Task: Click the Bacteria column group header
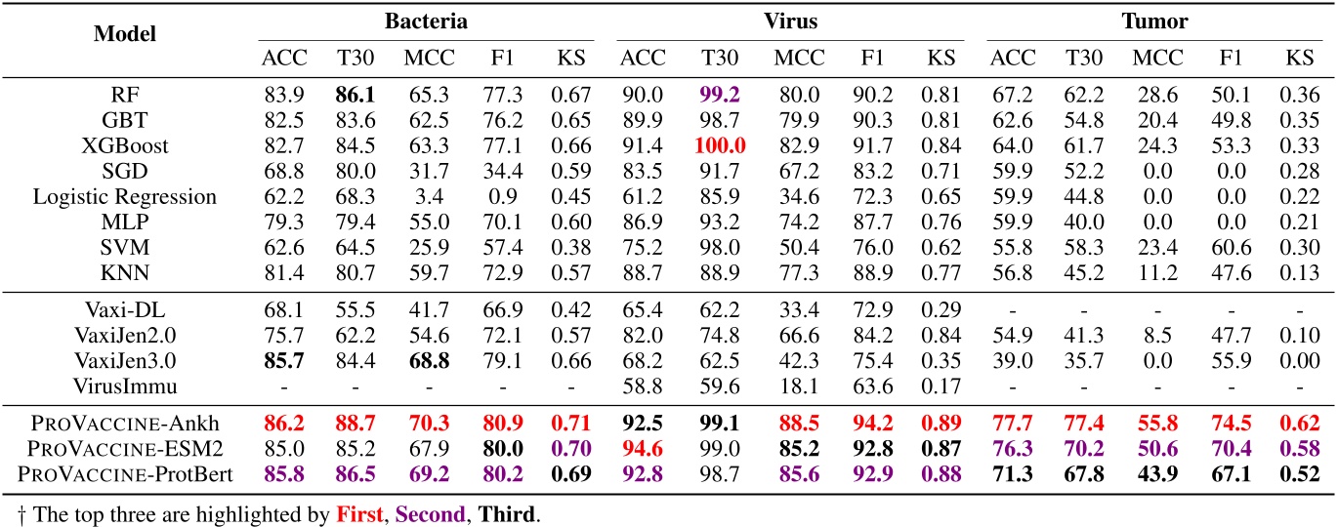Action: [x=425, y=20]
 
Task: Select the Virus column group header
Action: [x=789, y=20]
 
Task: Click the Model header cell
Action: [x=125, y=33]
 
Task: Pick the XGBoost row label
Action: [x=125, y=145]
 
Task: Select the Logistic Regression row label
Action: [x=125, y=196]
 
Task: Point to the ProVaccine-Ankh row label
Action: [x=125, y=424]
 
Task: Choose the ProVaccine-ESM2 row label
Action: [x=125, y=449]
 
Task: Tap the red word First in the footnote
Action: [x=353, y=511]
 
